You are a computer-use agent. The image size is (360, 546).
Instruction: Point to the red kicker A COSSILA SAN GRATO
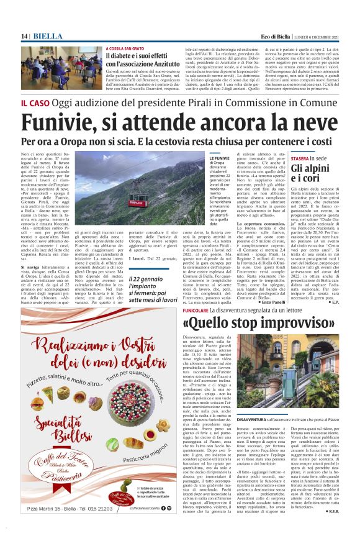click(x=130, y=48)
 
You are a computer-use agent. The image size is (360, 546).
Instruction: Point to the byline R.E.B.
click(x=346, y=529)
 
